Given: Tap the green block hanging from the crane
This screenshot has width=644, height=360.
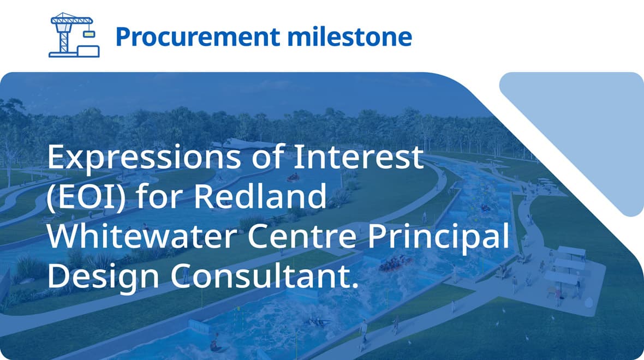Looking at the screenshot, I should [88, 33].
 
